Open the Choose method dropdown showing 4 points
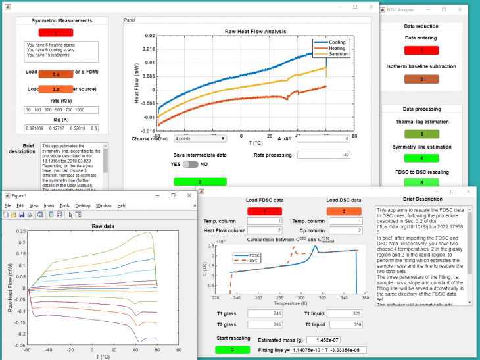200,139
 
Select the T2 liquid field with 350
345,324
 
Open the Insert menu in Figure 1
49,205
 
